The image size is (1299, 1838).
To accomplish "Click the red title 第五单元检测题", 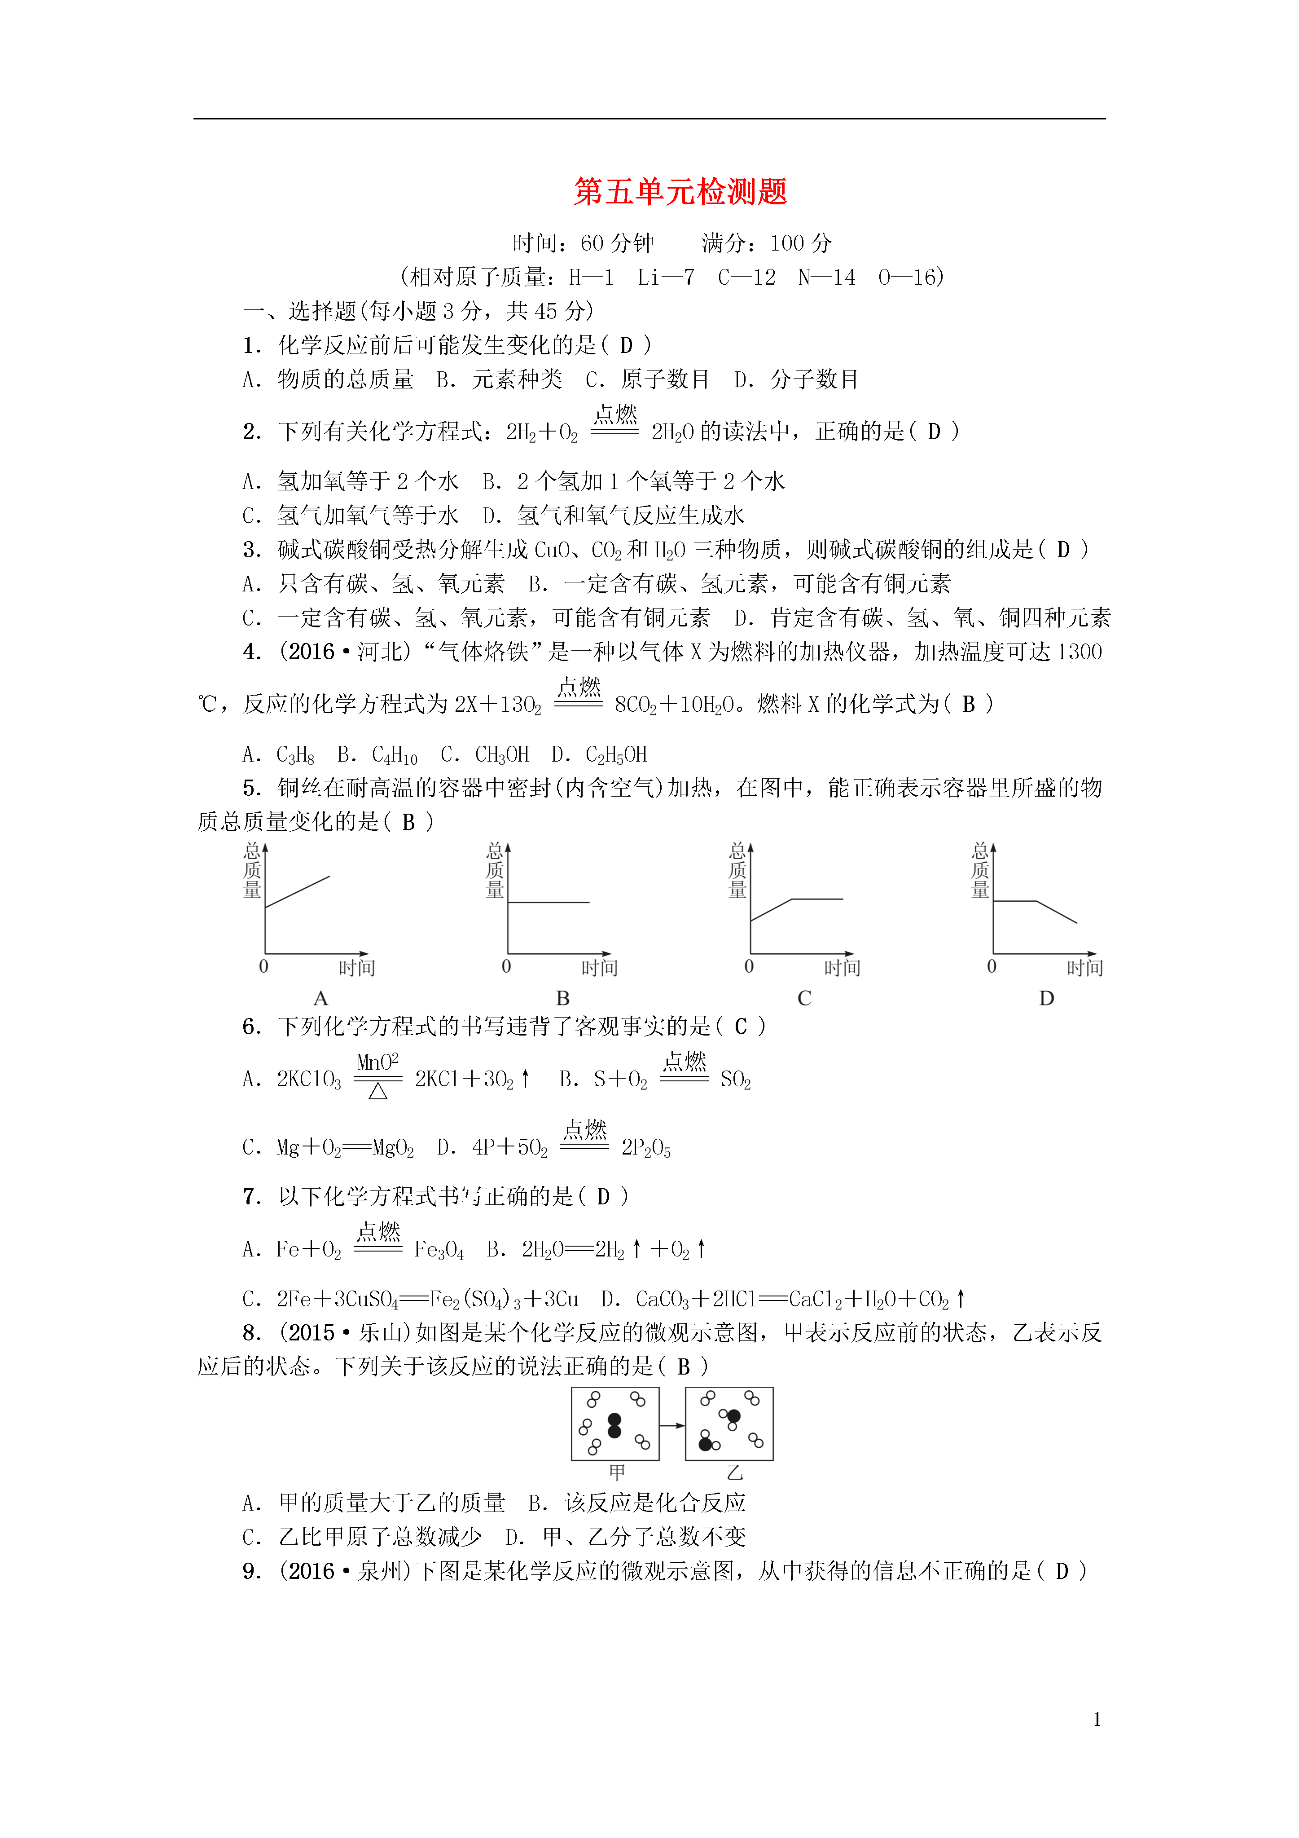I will [x=680, y=192].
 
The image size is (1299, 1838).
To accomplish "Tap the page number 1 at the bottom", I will [x=1097, y=1719].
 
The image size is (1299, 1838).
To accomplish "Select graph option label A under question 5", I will [x=321, y=998].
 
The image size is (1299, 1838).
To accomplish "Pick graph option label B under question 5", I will [x=563, y=998].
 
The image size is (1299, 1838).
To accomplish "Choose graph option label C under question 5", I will [x=804, y=998].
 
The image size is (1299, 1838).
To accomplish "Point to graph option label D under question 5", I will [x=1046, y=998].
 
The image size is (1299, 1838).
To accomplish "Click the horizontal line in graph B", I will [x=549, y=902].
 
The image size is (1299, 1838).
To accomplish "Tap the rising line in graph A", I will [x=298, y=892].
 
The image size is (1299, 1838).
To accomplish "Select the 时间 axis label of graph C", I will [x=842, y=968].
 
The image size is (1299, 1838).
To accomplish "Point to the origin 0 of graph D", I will [x=992, y=966].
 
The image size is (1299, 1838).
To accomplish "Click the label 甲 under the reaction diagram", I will [x=616, y=1472].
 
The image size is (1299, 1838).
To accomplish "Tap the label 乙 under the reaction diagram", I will [x=735, y=1472].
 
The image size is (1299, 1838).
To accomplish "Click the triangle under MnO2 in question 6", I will [x=378, y=1091].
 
